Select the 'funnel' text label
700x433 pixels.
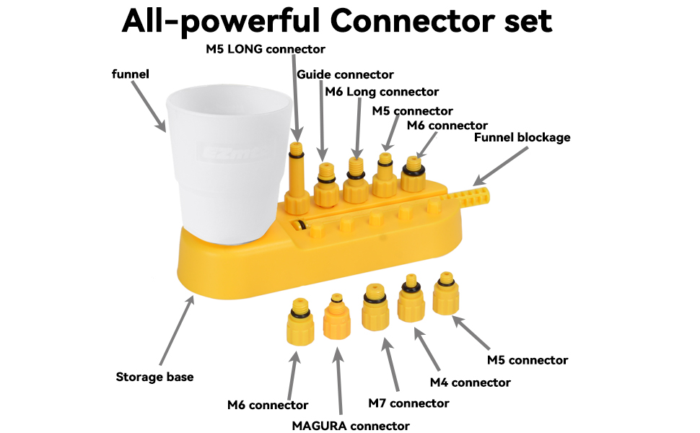pyautogui.click(x=131, y=74)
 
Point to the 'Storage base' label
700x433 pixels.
pyautogui.click(x=154, y=377)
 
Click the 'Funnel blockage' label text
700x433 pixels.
pyautogui.click(x=522, y=137)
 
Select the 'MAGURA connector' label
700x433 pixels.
pyautogui.click(x=351, y=425)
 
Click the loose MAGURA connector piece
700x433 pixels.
pyautogui.click(x=336, y=318)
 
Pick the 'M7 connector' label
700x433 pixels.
pyautogui.click(x=408, y=403)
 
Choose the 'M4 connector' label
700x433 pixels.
pyautogui.click(x=470, y=381)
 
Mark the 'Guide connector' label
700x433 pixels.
pyautogui.click(x=345, y=74)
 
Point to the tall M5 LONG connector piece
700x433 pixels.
pyautogui.click(x=295, y=180)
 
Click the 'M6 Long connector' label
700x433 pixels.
pyautogui.click(x=382, y=92)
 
